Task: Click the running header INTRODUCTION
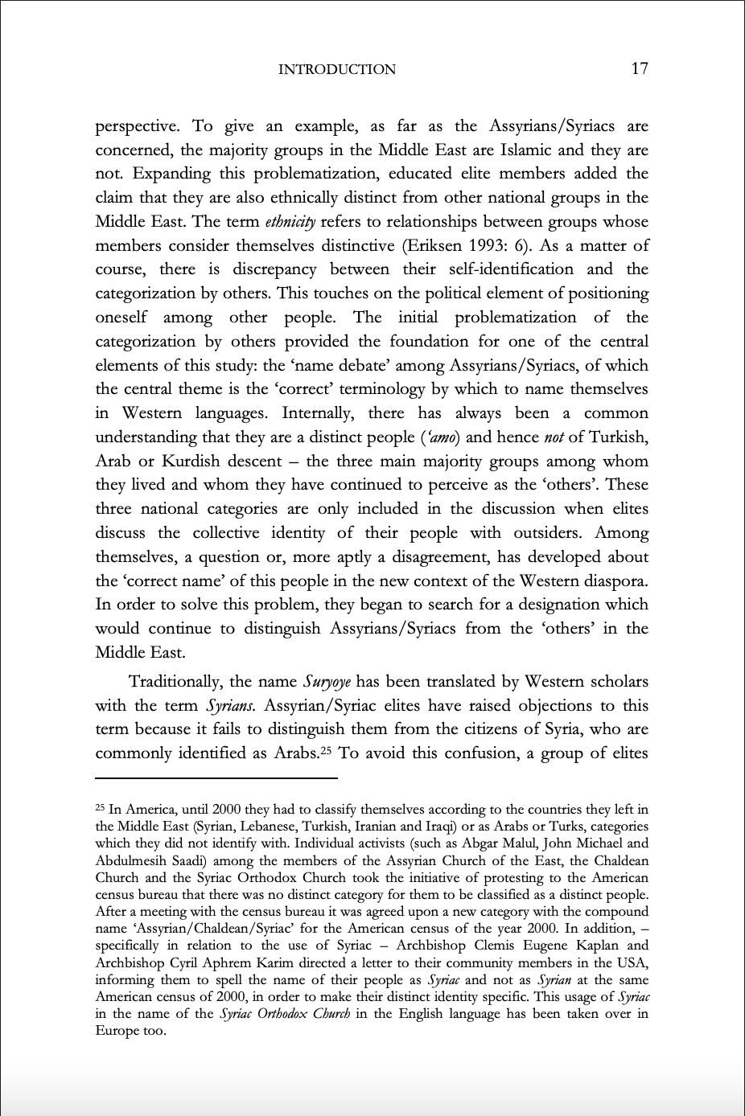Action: pyautogui.click(x=336, y=70)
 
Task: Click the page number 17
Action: pyautogui.click(x=640, y=69)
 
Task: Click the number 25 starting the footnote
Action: pyautogui.click(x=100, y=808)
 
